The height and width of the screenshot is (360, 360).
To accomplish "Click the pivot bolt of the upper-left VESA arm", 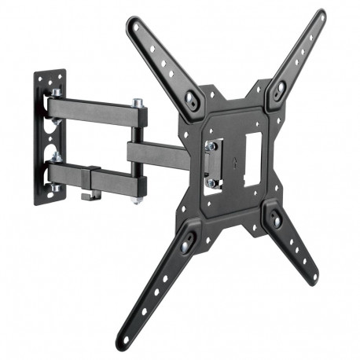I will click(191, 97).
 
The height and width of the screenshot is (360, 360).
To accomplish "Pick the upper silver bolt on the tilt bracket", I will click(211, 145).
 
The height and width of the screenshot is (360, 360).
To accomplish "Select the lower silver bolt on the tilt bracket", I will click(211, 183).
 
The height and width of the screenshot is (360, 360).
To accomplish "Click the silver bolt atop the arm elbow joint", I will click(138, 103).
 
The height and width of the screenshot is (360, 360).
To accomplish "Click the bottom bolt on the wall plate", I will click(55, 189).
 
